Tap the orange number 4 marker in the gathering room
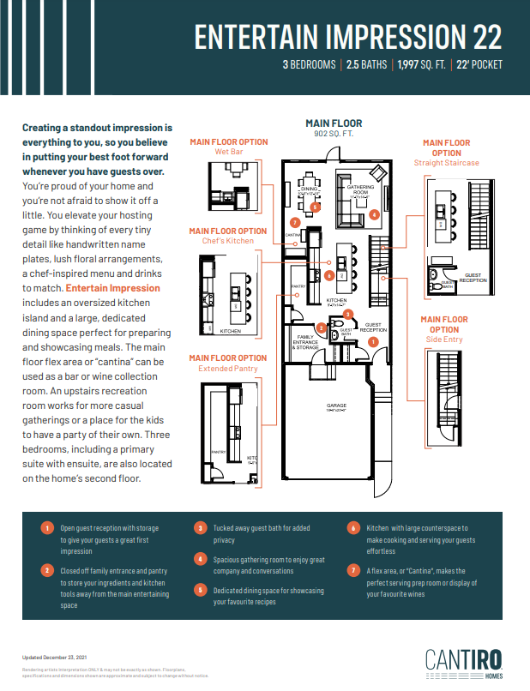tap(374, 214)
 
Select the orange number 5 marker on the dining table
tap(315, 207)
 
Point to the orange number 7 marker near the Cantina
tap(294, 222)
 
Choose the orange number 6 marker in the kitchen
tap(329, 275)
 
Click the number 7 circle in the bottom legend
tap(353, 570)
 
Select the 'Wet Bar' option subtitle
tap(228, 152)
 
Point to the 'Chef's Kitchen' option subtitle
tap(228, 241)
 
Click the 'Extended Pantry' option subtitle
tap(228, 368)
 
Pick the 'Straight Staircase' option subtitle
tap(446, 163)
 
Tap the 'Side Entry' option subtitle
tap(444, 339)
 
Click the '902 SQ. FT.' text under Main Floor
tap(334, 134)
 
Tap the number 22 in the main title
tap(483, 37)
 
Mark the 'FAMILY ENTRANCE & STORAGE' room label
tap(306, 341)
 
